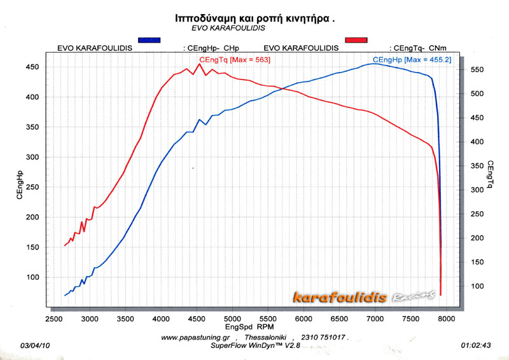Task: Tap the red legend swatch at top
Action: (356, 40)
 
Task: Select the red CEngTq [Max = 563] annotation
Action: (235, 60)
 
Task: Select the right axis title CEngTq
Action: (489, 176)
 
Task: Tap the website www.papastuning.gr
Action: (197, 338)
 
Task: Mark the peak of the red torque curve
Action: (199, 64)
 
